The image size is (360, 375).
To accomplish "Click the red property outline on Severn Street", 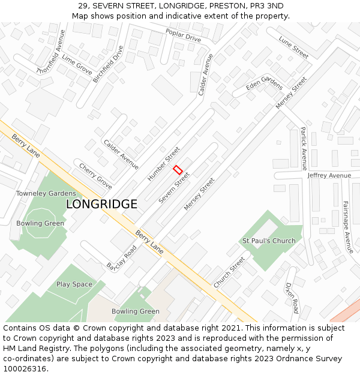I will pyautogui.click(x=178, y=170).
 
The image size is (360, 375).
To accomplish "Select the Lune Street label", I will pyautogui.click(x=293, y=47).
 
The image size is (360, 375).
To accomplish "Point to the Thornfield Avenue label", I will pyautogui.click(x=50, y=51).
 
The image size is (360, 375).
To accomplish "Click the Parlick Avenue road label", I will pyautogui.click(x=304, y=148).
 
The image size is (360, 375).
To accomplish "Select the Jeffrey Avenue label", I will pyautogui.click(x=329, y=175).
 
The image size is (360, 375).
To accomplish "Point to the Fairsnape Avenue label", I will pyautogui.click(x=347, y=226).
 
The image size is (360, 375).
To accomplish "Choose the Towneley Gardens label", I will pyautogui.click(x=46, y=193).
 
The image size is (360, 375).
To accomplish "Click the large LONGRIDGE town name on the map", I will pyautogui.click(x=101, y=204).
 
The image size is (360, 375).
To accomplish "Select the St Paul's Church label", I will pyautogui.click(x=269, y=241).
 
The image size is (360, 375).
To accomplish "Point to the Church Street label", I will pyautogui.click(x=229, y=272).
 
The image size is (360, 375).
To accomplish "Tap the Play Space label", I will pyautogui.click(x=74, y=284).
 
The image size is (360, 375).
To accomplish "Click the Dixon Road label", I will pyautogui.click(x=292, y=298).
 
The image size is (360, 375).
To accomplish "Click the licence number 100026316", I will pyautogui.click(x=25, y=368).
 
